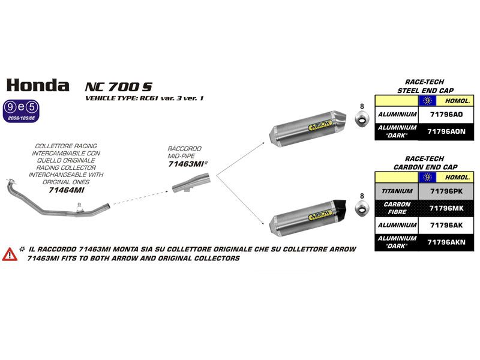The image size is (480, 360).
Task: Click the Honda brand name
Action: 37,85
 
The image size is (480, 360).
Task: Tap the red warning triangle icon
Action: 10,253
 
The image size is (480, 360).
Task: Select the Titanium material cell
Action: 395,191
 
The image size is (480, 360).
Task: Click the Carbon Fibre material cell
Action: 395,208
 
